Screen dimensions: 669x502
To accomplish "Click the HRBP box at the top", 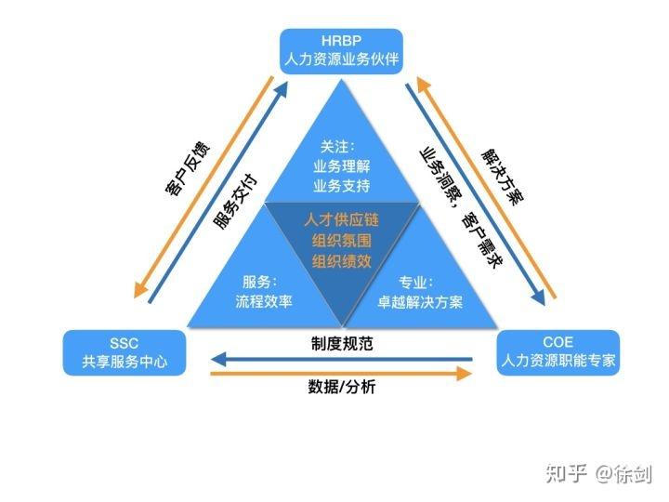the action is click(x=341, y=51).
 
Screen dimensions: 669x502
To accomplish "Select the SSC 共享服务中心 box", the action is click(x=125, y=352).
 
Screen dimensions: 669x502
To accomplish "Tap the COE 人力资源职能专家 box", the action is click(x=558, y=352).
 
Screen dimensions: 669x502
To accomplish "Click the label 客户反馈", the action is click(x=188, y=167).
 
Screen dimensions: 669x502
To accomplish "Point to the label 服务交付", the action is click(x=235, y=200).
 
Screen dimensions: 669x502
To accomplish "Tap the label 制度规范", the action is click(x=342, y=343).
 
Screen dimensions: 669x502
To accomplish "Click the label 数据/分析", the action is click(x=342, y=387).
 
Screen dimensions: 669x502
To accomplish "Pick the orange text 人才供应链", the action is click(x=341, y=219).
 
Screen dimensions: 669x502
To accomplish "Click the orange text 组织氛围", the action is click(x=341, y=241).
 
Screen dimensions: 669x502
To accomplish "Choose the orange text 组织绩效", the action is click(x=341, y=261).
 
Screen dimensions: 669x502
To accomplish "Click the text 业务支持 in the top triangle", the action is click(x=341, y=186).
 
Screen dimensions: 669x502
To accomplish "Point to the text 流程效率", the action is click(x=264, y=301).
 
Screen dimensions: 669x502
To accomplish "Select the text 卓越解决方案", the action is click(x=420, y=302).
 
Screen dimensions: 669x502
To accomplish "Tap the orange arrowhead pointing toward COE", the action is click(x=464, y=374).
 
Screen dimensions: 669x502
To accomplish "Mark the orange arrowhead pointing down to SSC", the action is click(x=140, y=289).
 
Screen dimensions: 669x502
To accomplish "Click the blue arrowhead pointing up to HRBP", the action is click(x=281, y=91).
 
